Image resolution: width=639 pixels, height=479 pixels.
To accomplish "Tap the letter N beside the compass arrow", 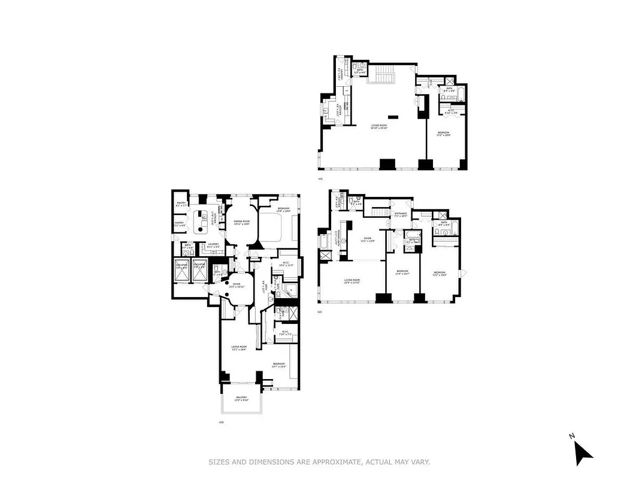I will pyautogui.click(x=572, y=436).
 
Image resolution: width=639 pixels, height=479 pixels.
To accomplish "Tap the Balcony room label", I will pyautogui.click(x=241, y=398).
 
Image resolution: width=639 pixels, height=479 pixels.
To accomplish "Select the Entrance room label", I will pyautogui.click(x=401, y=214).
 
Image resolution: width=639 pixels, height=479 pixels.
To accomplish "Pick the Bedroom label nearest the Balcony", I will pyautogui.click(x=279, y=365).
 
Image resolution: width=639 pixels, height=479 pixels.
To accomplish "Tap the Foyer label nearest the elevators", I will pyautogui.click(x=236, y=285).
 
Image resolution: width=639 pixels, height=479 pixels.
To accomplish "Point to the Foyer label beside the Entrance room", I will pyautogui.click(x=367, y=239).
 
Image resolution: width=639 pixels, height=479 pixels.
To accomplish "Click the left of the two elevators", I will pyautogui.click(x=181, y=270).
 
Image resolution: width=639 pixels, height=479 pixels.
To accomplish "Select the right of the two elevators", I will pyautogui.click(x=200, y=270).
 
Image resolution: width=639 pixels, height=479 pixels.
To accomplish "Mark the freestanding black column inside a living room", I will pyautogui.click(x=393, y=116).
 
